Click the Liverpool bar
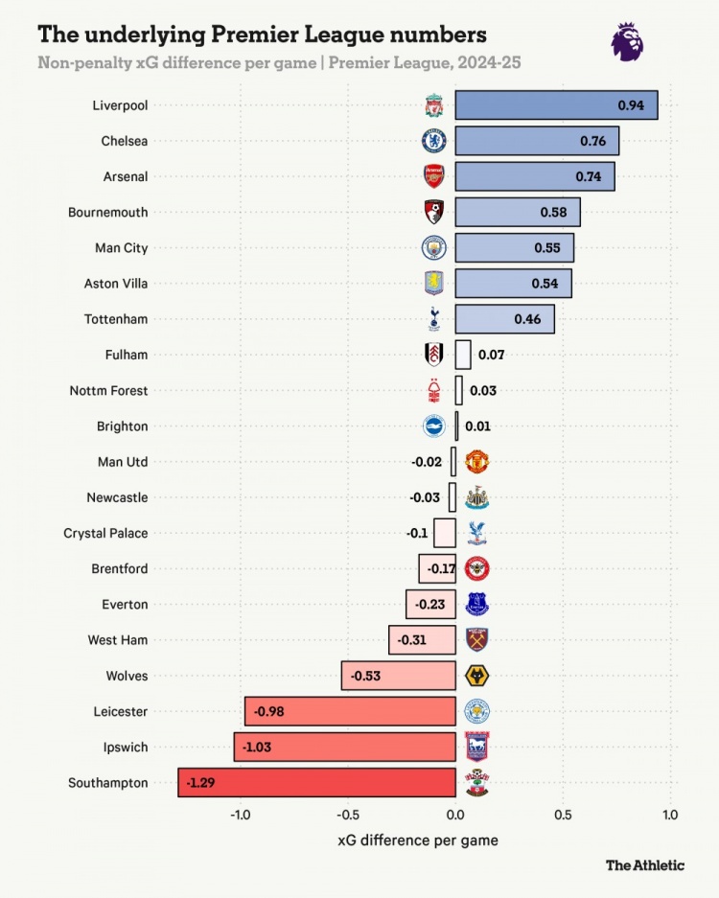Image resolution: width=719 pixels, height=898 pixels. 556,105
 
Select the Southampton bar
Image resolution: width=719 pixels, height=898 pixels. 316,783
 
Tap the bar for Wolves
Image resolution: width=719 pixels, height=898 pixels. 398,676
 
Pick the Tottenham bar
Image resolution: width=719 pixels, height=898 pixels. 504,319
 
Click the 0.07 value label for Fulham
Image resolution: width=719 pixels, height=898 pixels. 491,355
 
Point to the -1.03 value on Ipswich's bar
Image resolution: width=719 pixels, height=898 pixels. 256,748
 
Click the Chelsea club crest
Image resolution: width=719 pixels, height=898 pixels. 434,142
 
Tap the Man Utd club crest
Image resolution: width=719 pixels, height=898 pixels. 476,462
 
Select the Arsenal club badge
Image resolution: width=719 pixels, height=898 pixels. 434,177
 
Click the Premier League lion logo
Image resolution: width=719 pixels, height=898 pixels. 627,41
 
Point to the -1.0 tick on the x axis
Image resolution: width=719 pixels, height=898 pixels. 241,815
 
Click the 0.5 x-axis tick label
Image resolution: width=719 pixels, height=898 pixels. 563,815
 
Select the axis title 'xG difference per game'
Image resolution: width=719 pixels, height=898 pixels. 418,840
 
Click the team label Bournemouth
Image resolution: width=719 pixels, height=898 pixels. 108,212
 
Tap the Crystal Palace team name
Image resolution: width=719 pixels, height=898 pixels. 105,533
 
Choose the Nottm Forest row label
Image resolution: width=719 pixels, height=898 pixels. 108,390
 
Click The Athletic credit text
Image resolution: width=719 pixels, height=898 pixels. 644,865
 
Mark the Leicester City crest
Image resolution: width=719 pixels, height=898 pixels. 476,711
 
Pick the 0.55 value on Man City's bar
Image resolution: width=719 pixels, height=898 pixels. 546,248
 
